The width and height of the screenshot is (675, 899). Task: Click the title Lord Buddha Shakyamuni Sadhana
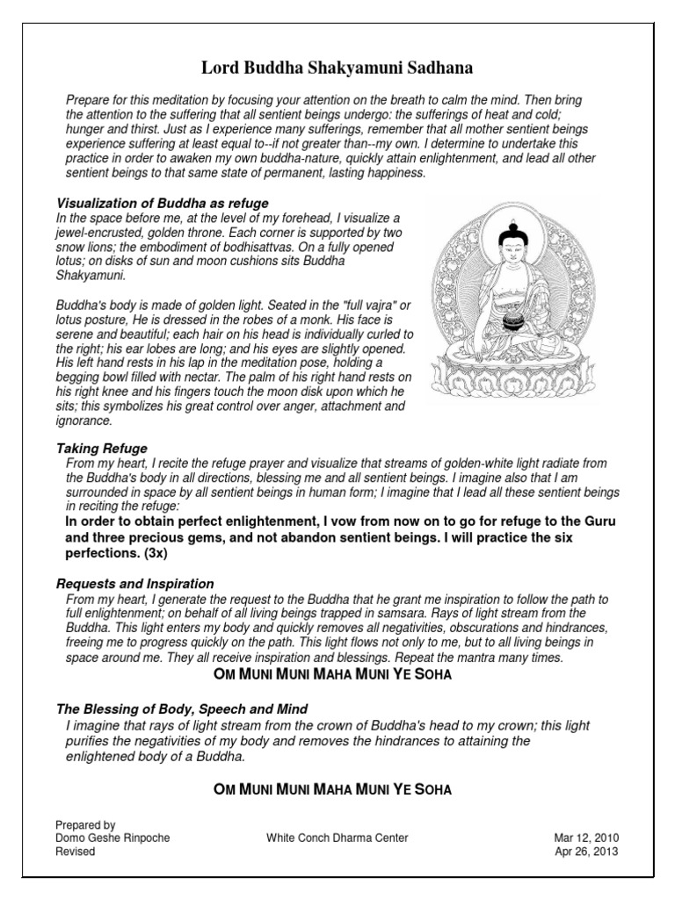coord(337,68)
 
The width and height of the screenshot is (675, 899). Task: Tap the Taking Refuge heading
coord(102,449)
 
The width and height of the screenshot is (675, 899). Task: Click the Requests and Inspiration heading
coord(135,583)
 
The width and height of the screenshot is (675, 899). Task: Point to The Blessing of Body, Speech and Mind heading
coord(182,708)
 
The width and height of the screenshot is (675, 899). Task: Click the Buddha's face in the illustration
coord(511,250)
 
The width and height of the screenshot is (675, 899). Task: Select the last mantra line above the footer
coord(333,789)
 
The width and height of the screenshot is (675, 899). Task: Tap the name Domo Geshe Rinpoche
coord(112,838)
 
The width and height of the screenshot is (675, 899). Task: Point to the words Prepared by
coord(85,825)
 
